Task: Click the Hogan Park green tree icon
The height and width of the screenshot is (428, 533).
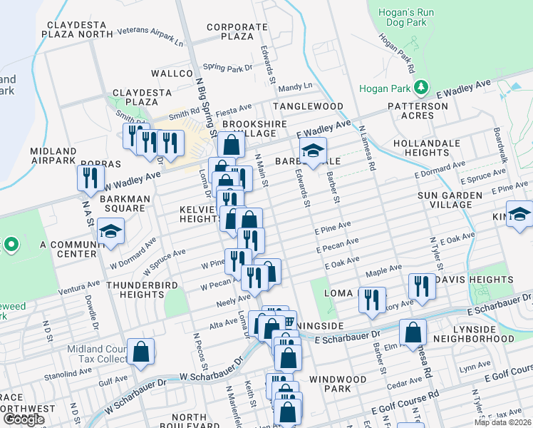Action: pyautogui.click(x=422, y=88)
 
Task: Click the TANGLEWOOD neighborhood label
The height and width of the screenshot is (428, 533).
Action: pyautogui.click(x=311, y=106)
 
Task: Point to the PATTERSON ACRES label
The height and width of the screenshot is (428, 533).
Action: pyautogui.click(x=420, y=111)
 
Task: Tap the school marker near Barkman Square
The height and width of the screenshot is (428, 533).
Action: pyautogui.click(x=110, y=232)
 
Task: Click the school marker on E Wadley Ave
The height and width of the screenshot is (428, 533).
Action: pyautogui.click(x=312, y=151)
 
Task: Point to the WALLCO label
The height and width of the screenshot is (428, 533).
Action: pyautogui.click(x=167, y=73)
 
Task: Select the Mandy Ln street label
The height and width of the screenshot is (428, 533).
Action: pyautogui.click(x=296, y=86)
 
